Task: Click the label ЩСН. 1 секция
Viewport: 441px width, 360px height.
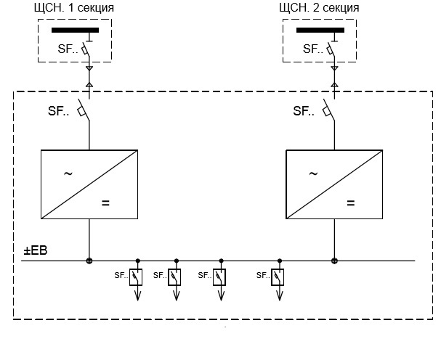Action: click(74, 8)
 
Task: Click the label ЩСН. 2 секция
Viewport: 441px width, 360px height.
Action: click(320, 8)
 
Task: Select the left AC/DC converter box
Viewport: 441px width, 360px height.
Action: click(89, 183)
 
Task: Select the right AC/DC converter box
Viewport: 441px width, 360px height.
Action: click(334, 183)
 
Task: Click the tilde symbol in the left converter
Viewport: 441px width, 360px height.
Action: click(68, 173)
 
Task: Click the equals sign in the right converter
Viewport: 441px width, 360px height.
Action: click(351, 203)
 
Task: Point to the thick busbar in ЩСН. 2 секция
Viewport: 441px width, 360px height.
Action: click(320, 30)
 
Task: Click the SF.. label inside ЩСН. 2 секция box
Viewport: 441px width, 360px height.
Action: click(312, 49)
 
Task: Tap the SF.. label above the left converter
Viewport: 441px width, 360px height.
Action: click(59, 111)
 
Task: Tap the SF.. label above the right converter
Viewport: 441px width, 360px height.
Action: click(304, 111)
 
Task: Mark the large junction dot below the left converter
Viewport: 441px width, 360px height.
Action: click(89, 261)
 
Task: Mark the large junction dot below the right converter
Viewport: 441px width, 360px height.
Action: click(334, 261)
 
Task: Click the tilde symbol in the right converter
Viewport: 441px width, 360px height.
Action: click(313, 173)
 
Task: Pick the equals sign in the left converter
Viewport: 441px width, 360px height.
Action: click(106, 203)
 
